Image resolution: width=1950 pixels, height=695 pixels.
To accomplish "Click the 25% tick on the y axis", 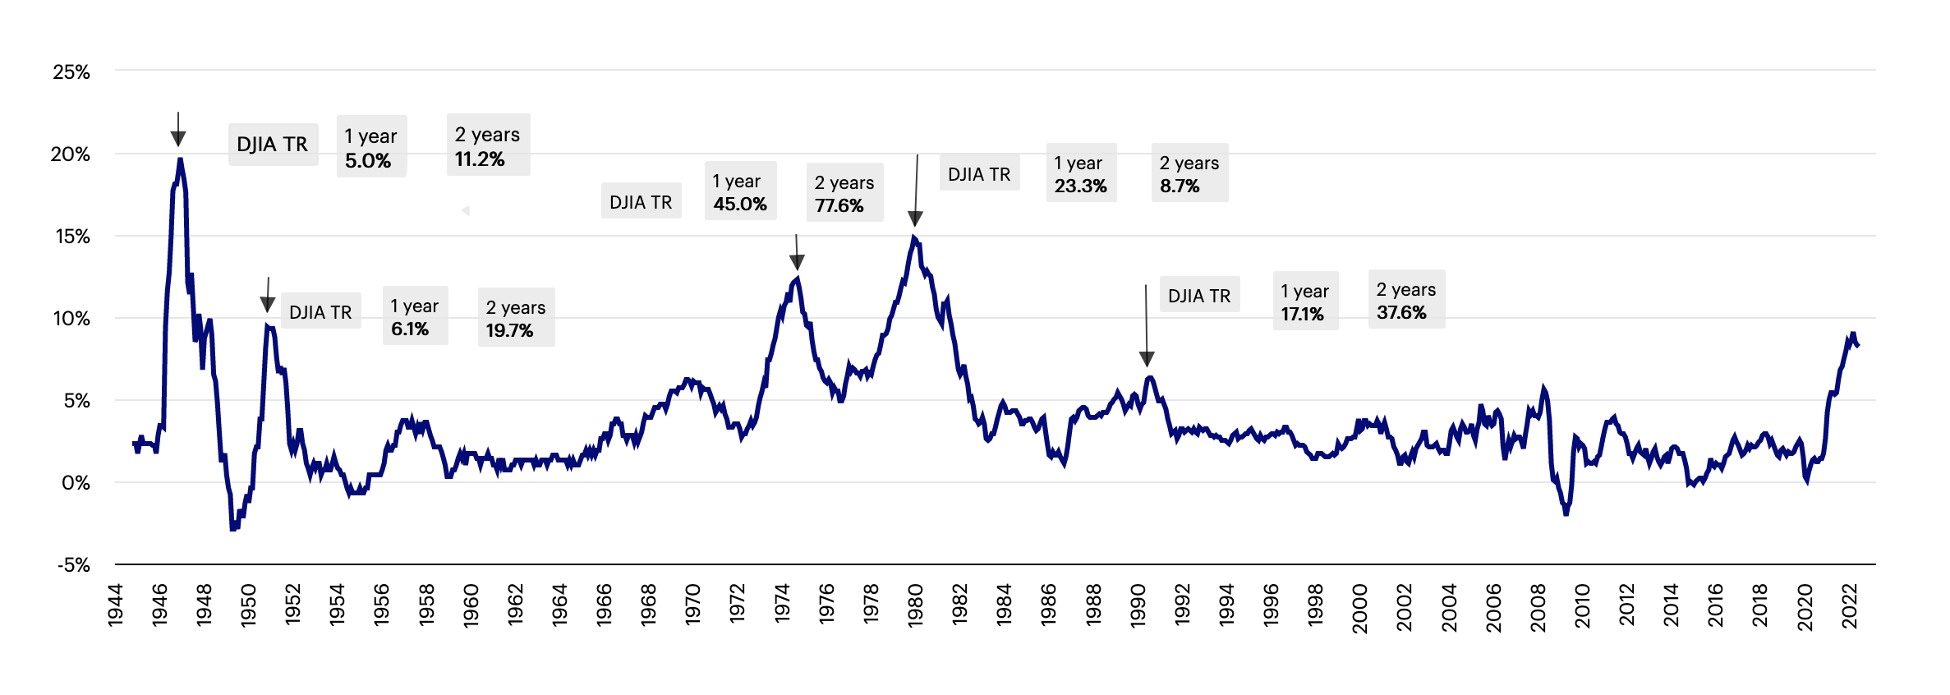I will point(71,72).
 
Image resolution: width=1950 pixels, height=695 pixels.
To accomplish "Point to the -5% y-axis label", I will point(73,565).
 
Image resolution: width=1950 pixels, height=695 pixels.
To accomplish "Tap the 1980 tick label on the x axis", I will point(915,606).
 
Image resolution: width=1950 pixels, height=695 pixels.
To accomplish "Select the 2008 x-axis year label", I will point(1538,608).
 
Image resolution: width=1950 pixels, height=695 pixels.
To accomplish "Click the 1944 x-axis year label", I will point(115,606).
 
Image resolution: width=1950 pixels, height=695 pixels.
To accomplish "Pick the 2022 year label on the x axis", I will point(1849,606).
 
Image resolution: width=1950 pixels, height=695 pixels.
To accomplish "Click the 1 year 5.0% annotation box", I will point(371,147).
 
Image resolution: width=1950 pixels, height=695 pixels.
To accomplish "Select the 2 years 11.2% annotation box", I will point(488,145).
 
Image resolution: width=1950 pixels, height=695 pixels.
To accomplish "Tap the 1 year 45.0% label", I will point(739,191).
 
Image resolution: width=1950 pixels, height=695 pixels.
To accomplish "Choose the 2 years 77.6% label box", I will point(844,193).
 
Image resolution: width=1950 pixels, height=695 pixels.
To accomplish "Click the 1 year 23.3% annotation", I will point(1080,173).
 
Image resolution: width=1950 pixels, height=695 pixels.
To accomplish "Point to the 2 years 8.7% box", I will point(1189,173).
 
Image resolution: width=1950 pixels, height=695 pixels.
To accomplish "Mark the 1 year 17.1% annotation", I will point(1304,301).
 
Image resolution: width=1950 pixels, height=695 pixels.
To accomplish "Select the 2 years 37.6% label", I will point(1405,300).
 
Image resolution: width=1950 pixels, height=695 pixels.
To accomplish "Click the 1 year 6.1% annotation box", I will point(415,316).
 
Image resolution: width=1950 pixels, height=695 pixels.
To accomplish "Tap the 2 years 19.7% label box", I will point(516,318).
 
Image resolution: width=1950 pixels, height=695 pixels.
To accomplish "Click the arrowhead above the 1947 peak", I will point(178,138).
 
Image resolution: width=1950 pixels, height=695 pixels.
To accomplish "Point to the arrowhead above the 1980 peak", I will point(915,218).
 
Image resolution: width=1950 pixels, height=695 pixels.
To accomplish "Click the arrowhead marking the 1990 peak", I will point(1147,358).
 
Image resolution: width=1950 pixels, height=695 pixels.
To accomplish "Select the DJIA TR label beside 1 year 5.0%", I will point(273,145).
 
